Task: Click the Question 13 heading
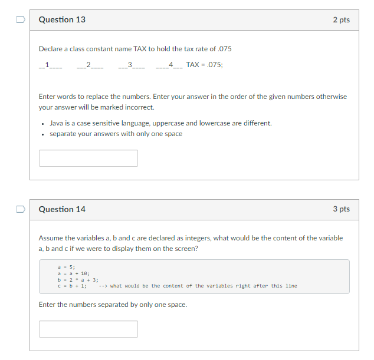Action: tap(62, 20)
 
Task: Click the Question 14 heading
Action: tap(62, 209)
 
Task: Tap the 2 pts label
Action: tap(341, 20)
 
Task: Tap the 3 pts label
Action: tap(341, 209)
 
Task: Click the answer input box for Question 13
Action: tap(88, 158)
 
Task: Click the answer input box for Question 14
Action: tap(88, 329)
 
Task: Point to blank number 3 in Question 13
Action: tap(131, 65)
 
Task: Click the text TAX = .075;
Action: tap(204, 65)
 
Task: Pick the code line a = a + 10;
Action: tap(73, 274)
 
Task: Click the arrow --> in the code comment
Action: tap(103, 286)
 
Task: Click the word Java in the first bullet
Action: tap(57, 123)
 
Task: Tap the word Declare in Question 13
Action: tap(51, 49)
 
